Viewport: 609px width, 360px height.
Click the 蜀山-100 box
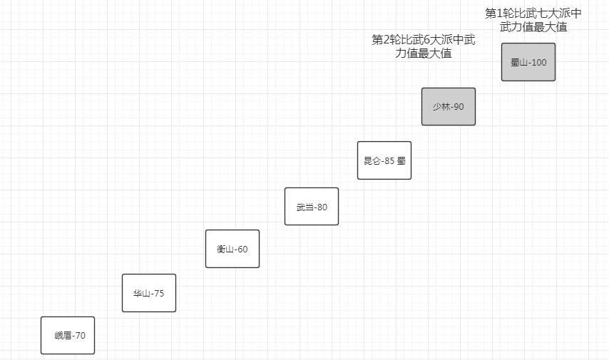(x=528, y=62)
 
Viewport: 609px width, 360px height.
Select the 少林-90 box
(x=448, y=106)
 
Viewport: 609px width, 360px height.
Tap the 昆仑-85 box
(x=384, y=160)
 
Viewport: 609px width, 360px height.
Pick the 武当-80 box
(x=311, y=206)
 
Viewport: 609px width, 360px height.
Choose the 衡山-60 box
(x=232, y=249)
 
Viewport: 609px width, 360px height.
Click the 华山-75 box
(x=148, y=293)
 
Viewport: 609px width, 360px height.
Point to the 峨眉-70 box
(x=67, y=335)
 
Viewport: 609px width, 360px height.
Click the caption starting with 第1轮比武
(x=533, y=20)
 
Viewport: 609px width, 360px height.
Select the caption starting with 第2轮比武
(x=424, y=46)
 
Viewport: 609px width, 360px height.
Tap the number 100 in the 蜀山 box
(x=538, y=63)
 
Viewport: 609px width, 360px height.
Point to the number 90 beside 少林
(x=458, y=107)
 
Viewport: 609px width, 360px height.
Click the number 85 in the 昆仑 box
(x=389, y=161)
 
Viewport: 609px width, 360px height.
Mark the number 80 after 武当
(x=322, y=207)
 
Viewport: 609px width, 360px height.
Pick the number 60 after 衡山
(x=242, y=250)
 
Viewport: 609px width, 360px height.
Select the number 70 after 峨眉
(x=79, y=336)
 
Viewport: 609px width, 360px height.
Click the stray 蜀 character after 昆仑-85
(x=401, y=161)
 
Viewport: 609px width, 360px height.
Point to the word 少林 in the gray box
(x=441, y=107)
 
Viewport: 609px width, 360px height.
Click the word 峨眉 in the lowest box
(x=63, y=336)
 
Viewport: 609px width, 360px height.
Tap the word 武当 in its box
(x=304, y=207)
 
